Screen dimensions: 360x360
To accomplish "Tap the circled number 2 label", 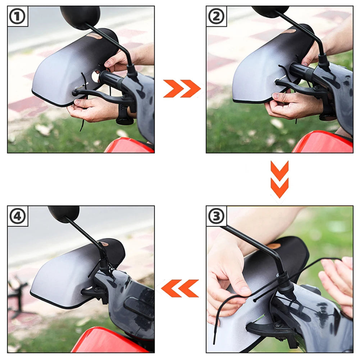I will pyautogui.click(x=216, y=17).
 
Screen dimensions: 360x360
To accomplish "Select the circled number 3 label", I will pyautogui.click(x=216, y=216).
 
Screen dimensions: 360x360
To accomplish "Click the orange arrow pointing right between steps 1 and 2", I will pyautogui.click(x=182, y=89).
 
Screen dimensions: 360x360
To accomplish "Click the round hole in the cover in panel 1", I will pyautogui.click(x=96, y=76).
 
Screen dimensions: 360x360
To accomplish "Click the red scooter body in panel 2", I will pyautogui.click(x=324, y=144).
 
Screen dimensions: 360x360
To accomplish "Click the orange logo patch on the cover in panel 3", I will pyautogui.click(x=274, y=246).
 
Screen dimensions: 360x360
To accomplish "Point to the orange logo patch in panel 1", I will pyautogui.click(x=94, y=36).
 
